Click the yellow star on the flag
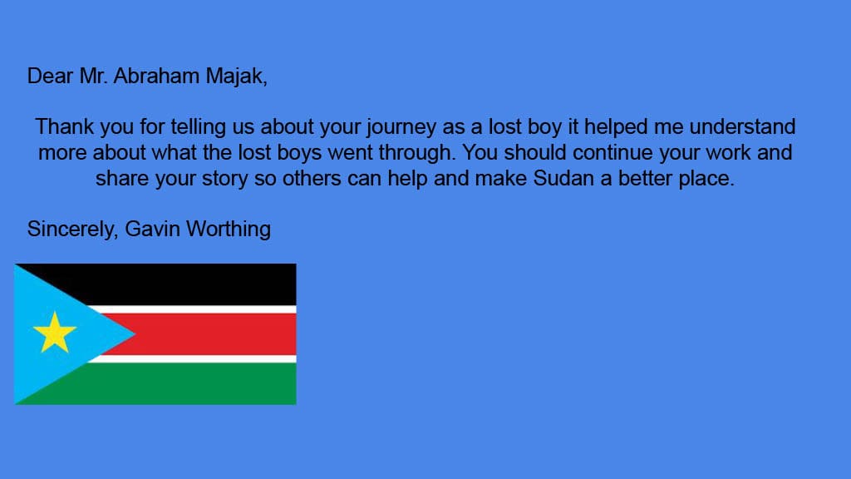[54, 333]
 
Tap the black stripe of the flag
[184, 284]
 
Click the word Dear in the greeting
[50, 76]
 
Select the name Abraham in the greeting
[156, 76]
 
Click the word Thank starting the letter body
[65, 126]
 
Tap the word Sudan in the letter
[563, 178]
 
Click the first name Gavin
[153, 230]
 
